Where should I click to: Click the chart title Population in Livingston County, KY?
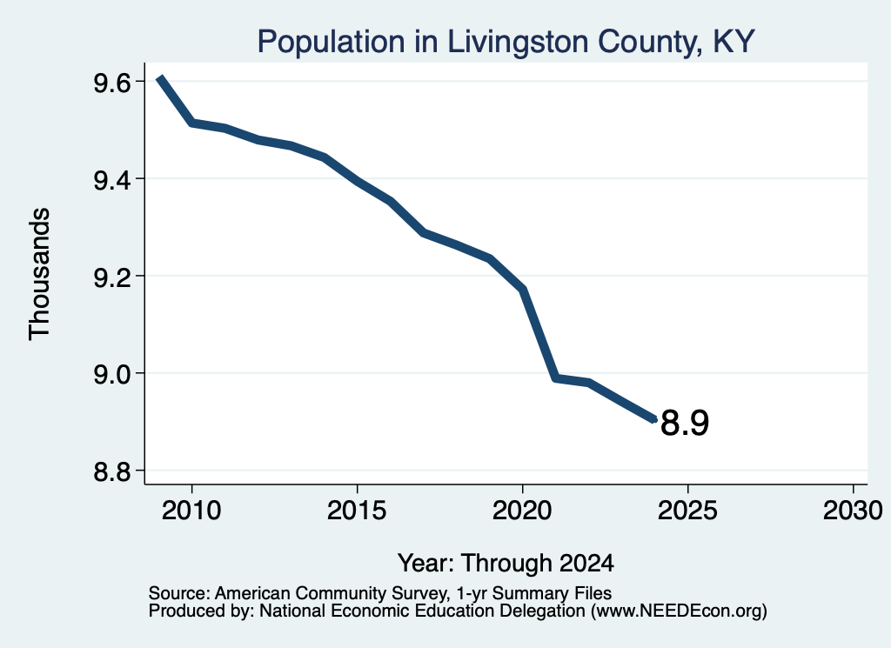[x=506, y=42]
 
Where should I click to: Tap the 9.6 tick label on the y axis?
[x=112, y=83]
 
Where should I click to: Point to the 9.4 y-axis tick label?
[x=112, y=180]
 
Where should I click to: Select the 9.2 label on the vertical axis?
[x=112, y=277]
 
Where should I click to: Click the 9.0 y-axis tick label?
[x=112, y=374]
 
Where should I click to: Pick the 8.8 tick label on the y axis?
[x=112, y=471]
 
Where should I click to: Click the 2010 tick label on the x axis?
[x=191, y=510]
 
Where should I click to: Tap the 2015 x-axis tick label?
[x=357, y=510]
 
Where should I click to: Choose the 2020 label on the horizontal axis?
[x=522, y=510]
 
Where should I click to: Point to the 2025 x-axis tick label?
[x=687, y=510]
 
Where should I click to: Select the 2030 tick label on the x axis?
[x=853, y=510]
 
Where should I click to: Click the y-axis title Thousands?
[x=40, y=274]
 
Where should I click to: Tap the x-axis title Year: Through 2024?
[x=506, y=564]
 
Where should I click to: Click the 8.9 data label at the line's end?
[x=685, y=423]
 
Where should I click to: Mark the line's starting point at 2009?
[x=160, y=77]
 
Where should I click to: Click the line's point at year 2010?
[x=192, y=122]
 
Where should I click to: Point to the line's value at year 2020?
[x=523, y=290]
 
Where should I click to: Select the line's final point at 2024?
[x=654, y=420]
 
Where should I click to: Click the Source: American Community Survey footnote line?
[x=380, y=593]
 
